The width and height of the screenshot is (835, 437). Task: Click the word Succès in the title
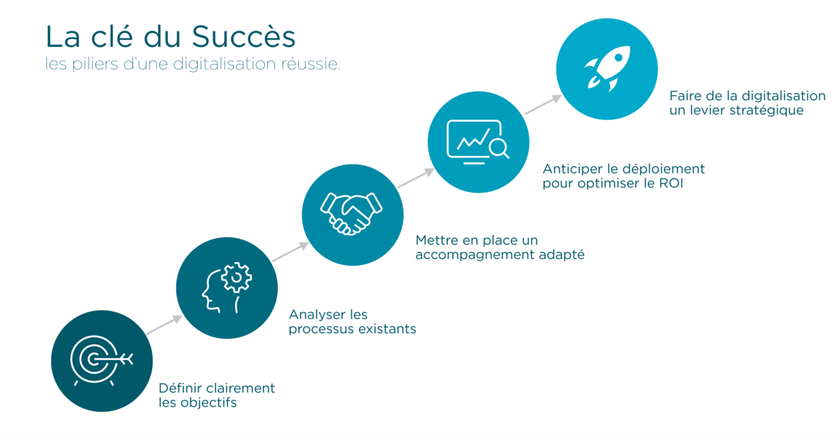244,36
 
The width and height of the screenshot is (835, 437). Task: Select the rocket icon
608,68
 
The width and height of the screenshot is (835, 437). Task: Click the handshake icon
352,213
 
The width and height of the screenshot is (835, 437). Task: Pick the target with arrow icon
101,360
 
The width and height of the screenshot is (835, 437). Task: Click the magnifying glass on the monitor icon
500,148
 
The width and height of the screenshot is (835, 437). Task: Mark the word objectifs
208,403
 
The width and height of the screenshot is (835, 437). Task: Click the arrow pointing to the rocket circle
543,105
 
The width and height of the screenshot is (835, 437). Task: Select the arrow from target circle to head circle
164,325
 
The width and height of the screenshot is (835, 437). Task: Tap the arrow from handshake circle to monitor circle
416,178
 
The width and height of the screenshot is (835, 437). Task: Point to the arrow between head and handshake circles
290,251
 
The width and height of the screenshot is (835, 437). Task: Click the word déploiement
664,169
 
